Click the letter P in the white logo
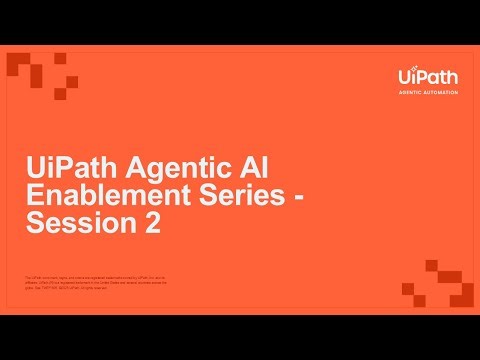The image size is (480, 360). point(421,75)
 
